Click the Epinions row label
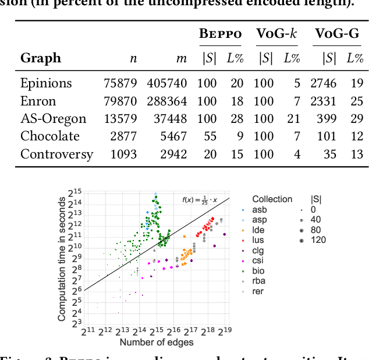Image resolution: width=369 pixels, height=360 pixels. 46,83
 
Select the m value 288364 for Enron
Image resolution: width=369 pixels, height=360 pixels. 166,101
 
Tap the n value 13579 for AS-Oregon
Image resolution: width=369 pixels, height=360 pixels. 120,119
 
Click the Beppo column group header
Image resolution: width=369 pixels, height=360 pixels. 220,34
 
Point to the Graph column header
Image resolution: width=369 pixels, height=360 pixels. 40,58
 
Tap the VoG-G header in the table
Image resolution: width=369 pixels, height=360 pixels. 337,34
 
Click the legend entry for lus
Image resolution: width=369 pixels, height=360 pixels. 258,239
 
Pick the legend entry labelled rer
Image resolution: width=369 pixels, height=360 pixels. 258,291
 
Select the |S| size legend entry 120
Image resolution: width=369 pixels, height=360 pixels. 317,239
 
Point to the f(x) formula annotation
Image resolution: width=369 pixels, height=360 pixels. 199,200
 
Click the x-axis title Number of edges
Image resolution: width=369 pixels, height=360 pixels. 156,342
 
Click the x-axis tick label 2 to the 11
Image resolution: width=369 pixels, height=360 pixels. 87,332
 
